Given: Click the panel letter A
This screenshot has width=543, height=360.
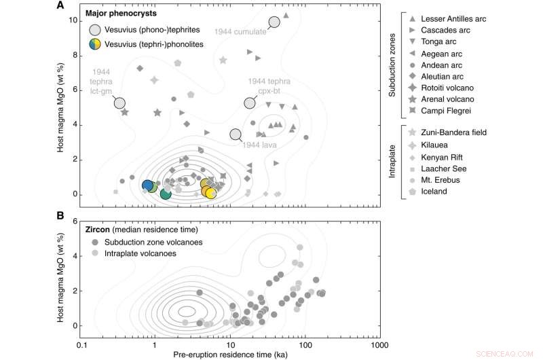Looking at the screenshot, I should tap(61, 7).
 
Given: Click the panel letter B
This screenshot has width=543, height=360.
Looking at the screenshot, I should tap(61, 217).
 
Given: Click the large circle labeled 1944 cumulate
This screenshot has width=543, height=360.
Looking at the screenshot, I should tap(274, 22).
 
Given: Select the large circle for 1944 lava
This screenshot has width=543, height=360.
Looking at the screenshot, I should tap(236, 134).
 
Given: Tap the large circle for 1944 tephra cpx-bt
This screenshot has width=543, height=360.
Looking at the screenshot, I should tap(250, 103).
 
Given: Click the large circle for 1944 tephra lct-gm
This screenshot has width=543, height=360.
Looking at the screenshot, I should tap(119, 103).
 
